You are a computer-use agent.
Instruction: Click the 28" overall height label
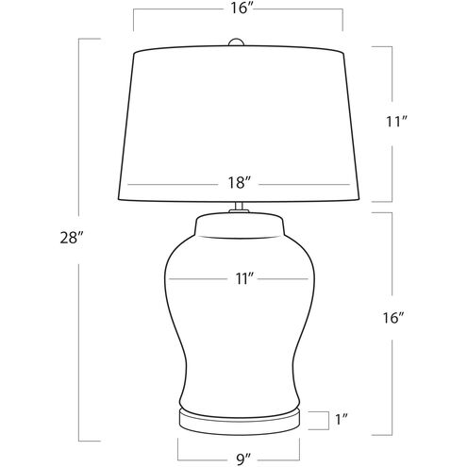click(x=72, y=238)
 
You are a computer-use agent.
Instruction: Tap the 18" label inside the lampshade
click(x=239, y=183)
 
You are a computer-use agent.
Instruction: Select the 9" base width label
click(x=243, y=459)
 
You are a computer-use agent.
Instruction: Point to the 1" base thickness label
click(x=342, y=420)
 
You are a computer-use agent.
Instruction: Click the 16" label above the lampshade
click(x=242, y=8)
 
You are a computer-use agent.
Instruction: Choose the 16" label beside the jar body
click(x=392, y=318)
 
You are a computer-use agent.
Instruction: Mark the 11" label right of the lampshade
click(x=397, y=122)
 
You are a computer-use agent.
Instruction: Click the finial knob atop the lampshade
click(x=236, y=42)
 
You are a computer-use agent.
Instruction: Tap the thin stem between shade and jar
click(x=239, y=206)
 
